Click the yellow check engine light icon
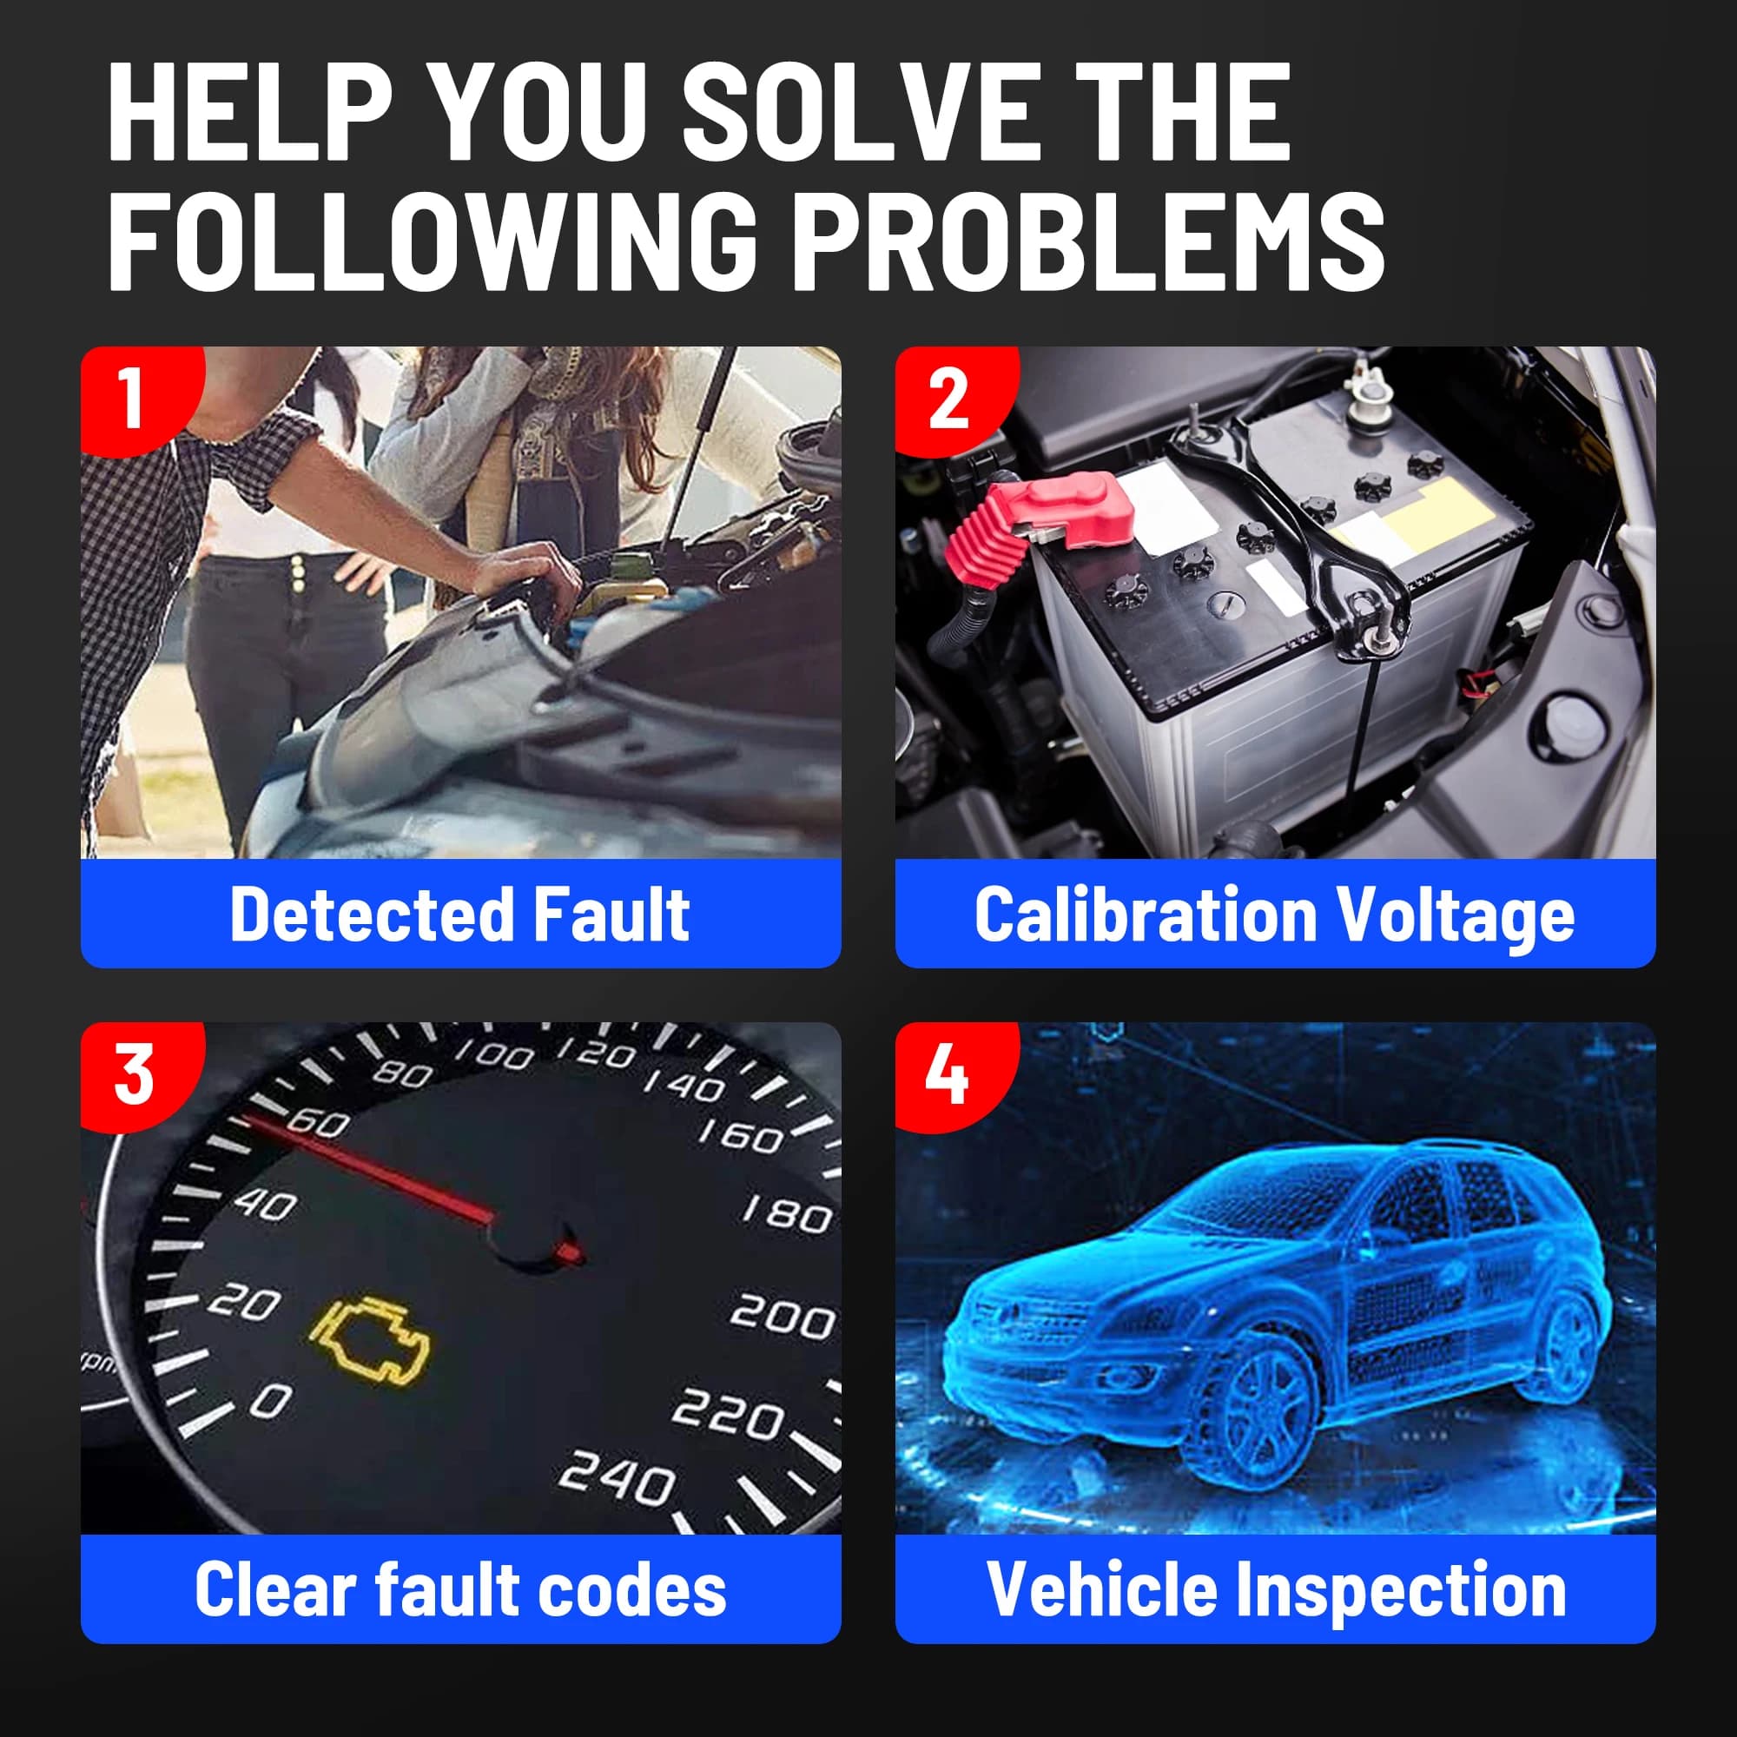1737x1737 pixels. (369, 1340)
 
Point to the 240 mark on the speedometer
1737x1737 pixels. (616, 1478)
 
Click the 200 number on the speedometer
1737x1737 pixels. (781, 1317)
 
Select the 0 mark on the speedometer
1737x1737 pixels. (271, 1400)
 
